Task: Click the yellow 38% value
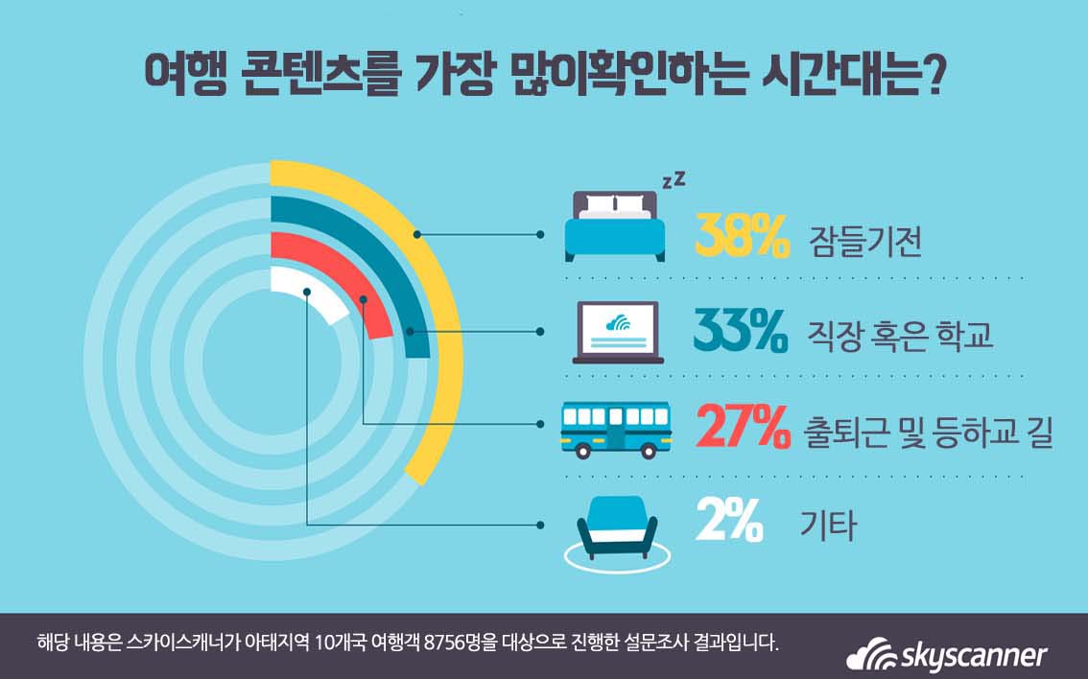(x=741, y=237)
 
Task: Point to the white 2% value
(x=730, y=524)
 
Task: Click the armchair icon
(x=616, y=527)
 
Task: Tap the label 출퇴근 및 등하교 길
(x=928, y=432)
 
